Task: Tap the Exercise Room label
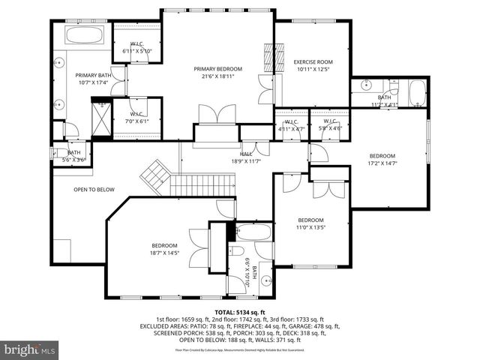(312, 65)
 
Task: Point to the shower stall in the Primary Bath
(100, 117)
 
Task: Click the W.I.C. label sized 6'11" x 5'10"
(137, 47)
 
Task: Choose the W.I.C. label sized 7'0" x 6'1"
(137, 117)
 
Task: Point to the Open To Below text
(94, 190)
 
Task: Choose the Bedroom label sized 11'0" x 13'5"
(310, 223)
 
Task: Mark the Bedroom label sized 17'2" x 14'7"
(382, 159)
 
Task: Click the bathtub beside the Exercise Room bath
(416, 94)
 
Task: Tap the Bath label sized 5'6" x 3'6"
(73, 155)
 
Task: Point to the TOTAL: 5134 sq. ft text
(240, 312)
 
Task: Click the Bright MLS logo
(29, 349)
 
